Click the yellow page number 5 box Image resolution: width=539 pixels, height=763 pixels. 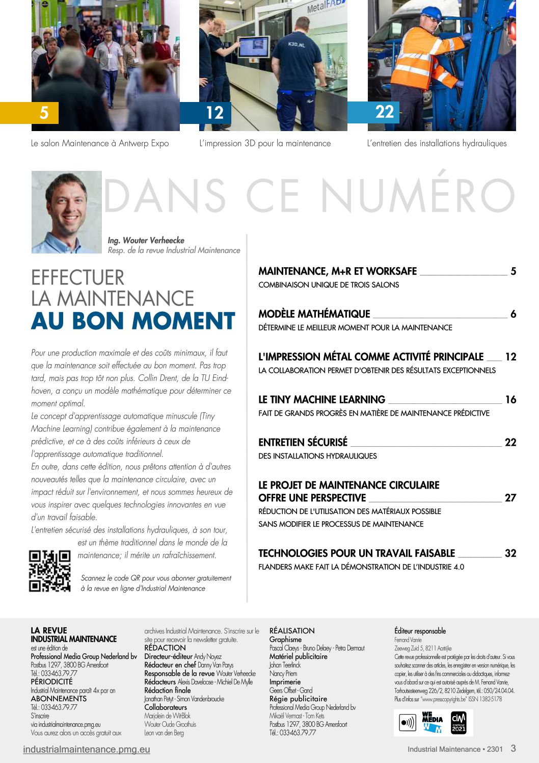[x=44, y=112]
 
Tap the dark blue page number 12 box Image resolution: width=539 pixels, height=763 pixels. [x=214, y=113]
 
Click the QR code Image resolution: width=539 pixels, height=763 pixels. [x=49, y=571]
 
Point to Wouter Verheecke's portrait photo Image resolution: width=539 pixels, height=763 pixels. [x=66, y=212]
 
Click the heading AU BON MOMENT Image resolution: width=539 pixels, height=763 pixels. [x=133, y=321]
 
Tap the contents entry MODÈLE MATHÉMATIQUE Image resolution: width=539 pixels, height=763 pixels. [x=314, y=314]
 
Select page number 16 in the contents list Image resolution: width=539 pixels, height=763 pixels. [x=510, y=399]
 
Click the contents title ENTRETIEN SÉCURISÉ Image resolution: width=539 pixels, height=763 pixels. [x=303, y=442]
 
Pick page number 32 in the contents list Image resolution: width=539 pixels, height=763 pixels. [x=510, y=553]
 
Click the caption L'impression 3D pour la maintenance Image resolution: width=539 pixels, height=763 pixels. [x=265, y=143]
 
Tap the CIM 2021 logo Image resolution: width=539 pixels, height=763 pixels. [x=459, y=723]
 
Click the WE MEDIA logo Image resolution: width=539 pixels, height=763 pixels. [x=432, y=723]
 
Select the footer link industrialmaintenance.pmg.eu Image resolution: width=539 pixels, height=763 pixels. [x=87, y=749]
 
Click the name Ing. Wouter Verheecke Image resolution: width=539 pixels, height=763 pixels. [x=146, y=240]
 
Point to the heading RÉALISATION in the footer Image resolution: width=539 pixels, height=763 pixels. [x=292, y=630]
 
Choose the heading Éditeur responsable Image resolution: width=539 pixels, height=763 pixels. [x=420, y=631]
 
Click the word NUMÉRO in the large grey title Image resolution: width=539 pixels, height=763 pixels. [x=418, y=196]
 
